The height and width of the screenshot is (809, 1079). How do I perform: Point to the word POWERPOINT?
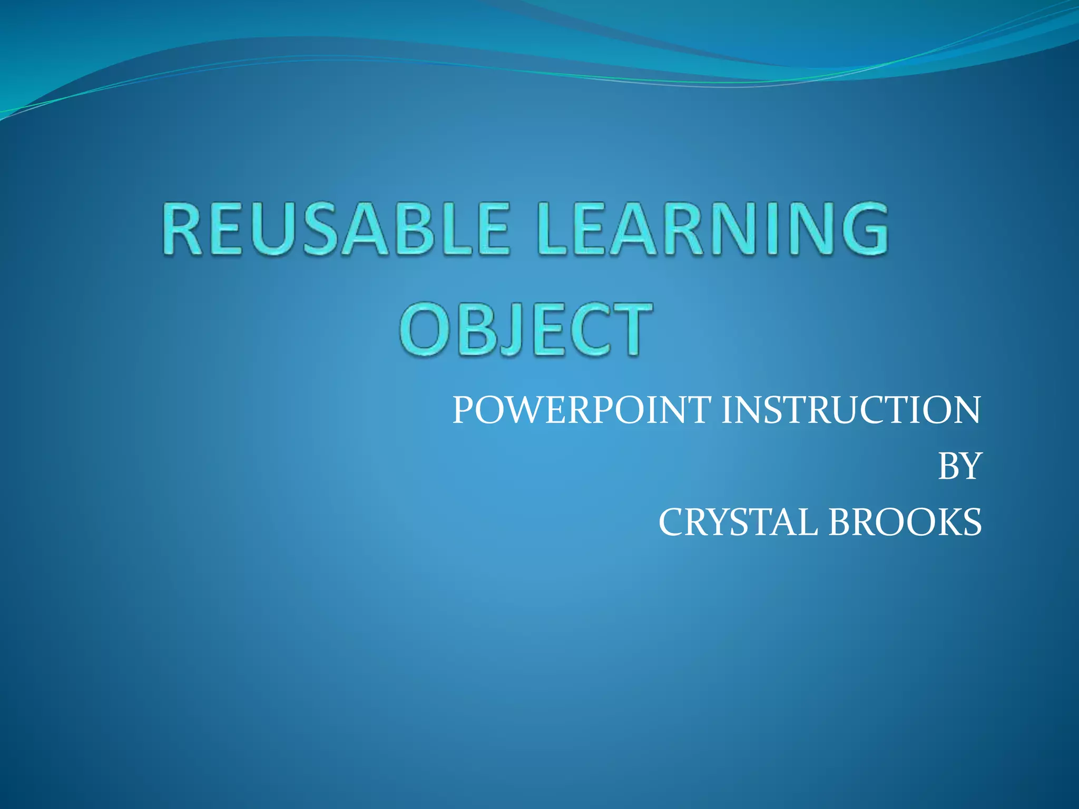coord(582,410)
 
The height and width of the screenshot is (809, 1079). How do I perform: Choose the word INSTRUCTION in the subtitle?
coord(850,410)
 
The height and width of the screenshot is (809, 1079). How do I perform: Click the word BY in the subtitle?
coord(959,466)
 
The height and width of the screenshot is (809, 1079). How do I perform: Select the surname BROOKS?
coord(905,522)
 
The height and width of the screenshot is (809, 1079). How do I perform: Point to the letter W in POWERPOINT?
coord(523,410)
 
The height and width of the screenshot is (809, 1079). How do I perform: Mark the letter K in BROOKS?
coord(943,522)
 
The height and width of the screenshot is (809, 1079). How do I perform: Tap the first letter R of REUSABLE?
coord(182,230)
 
